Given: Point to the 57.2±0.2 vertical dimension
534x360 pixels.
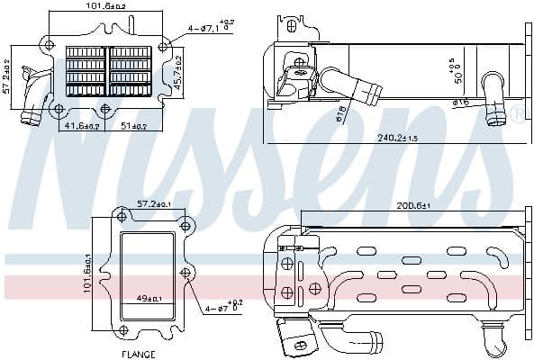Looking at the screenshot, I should tap(6, 76).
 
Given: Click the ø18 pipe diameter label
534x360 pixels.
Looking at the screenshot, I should tap(340, 112).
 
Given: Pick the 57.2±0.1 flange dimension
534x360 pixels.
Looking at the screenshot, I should tap(154, 205).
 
